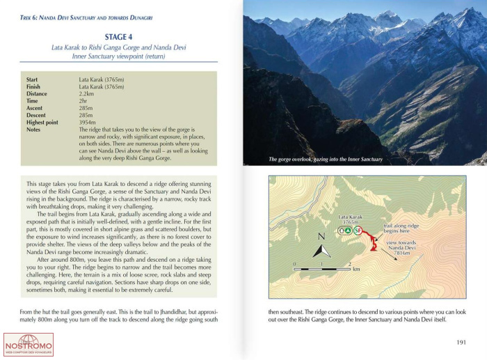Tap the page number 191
(461, 341)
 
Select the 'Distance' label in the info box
(37, 93)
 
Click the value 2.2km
(86, 93)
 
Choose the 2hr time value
(83, 101)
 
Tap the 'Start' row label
(33, 79)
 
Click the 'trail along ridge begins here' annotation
(403, 230)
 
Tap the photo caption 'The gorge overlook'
(326, 159)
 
